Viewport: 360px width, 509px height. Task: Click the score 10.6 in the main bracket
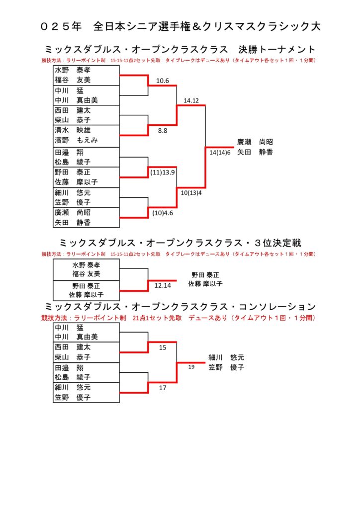[163, 81]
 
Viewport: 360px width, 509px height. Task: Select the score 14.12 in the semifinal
[191, 101]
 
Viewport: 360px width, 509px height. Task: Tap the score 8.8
[163, 131]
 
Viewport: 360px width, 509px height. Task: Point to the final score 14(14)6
[220, 152]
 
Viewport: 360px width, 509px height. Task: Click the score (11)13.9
[163, 172]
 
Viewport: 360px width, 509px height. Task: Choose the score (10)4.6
[163, 213]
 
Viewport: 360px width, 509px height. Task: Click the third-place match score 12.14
[163, 286]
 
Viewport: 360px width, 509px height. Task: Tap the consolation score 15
[163, 347]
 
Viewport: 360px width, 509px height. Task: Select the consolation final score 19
[191, 367]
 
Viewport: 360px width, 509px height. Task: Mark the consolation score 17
[163, 388]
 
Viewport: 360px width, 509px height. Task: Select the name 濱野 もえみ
[76, 140]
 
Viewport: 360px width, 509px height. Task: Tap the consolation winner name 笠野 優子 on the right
[227, 367]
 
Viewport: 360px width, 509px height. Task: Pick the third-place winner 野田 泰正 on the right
[205, 274]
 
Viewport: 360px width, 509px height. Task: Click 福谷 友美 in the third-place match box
[86, 274]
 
